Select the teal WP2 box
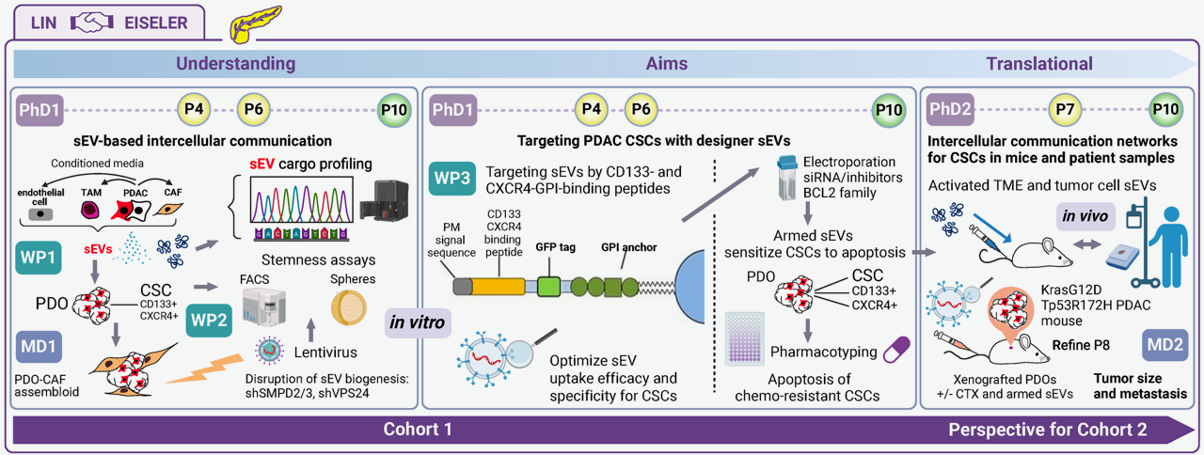[209, 320]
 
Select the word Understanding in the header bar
[235, 64]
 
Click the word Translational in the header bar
[1038, 64]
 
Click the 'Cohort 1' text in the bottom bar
[418, 431]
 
